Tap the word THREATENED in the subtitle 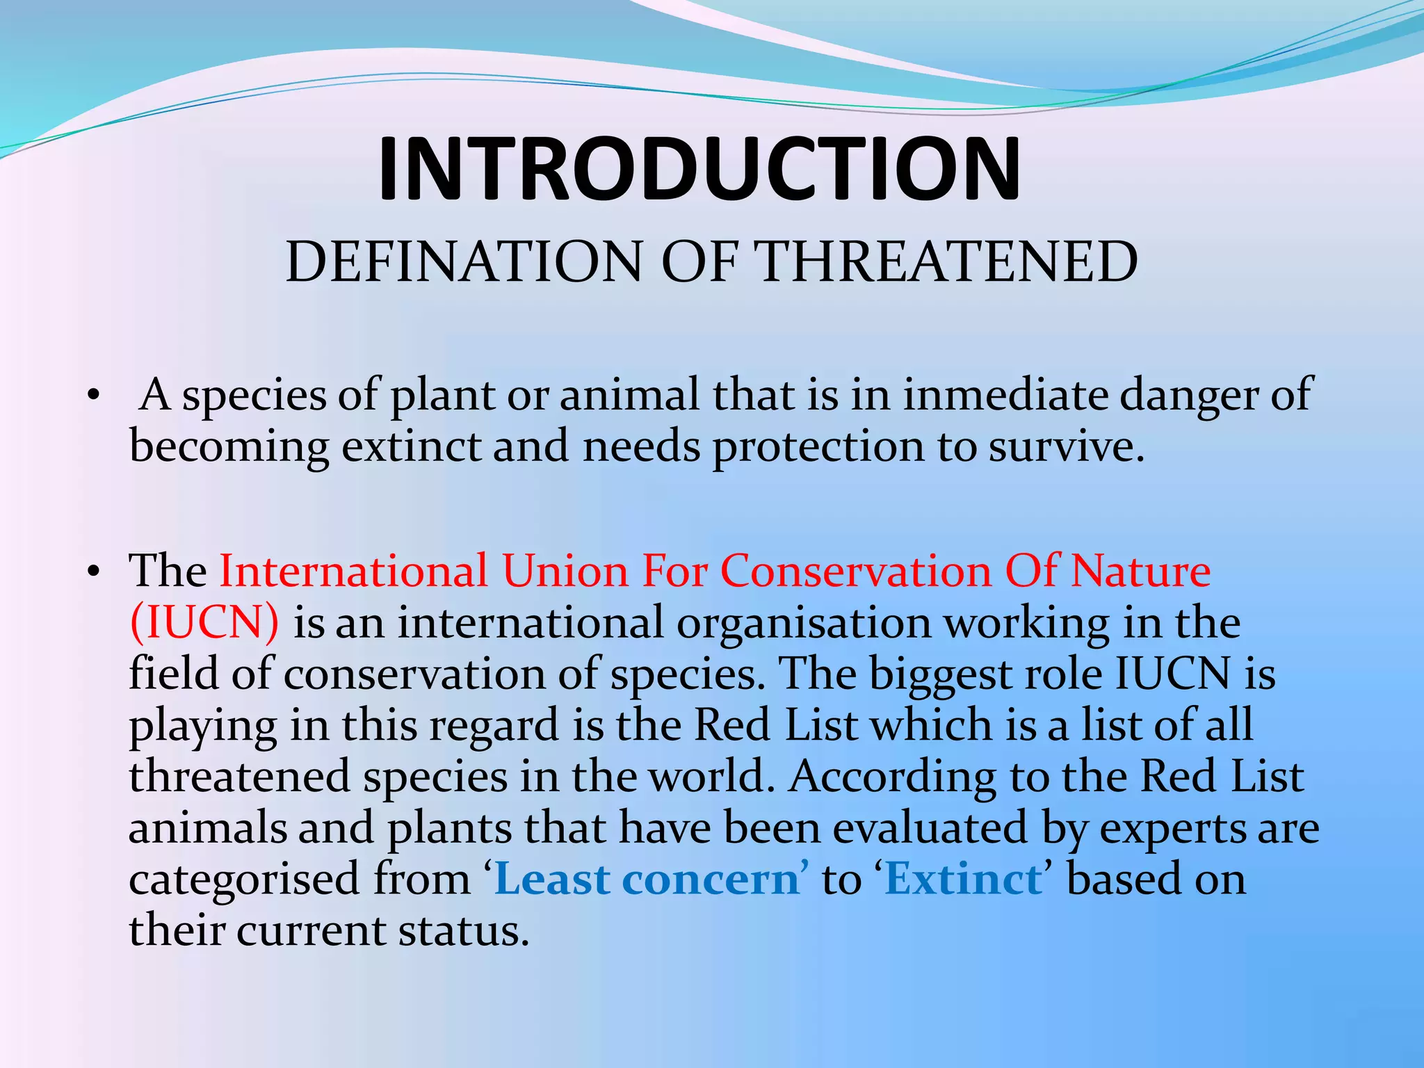click(x=946, y=262)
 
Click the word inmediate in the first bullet click(x=1005, y=395)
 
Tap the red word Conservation click(x=855, y=572)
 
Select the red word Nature click(x=1140, y=572)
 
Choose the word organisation click(x=803, y=623)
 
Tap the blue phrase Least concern click(x=647, y=880)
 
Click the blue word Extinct click(x=963, y=880)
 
